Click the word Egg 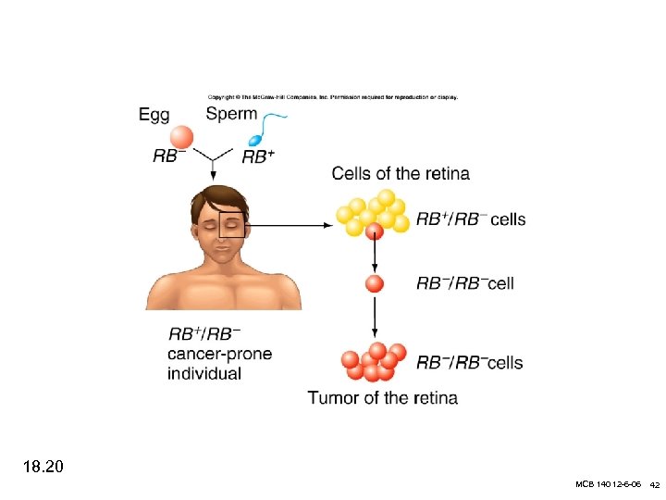(154, 115)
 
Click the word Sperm (232, 115)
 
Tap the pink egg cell (182, 137)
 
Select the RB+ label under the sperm (259, 157)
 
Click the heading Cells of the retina (401, 173)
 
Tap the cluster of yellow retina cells (374, 213)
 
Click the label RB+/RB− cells (471, 219)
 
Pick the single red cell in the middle (374, 283)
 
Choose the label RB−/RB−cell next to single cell (465, 283)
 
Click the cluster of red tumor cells (374, 362)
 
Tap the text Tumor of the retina (382, 398)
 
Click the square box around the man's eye (231, 224)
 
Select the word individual (204, 374)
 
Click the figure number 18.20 (43, 467)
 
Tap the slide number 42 (653, 485)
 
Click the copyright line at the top (332, 97)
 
